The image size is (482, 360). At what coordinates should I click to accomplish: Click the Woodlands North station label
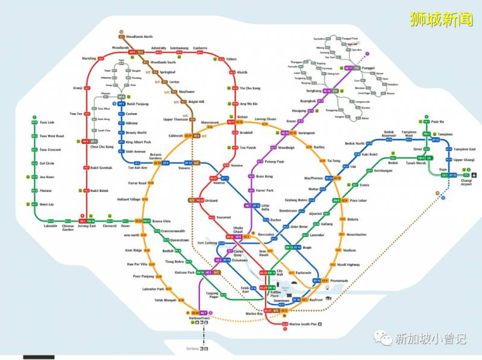(x=140, y=37)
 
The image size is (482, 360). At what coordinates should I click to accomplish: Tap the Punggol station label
(x=368, y=68)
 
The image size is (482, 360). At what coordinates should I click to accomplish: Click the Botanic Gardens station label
(x=160, y=155)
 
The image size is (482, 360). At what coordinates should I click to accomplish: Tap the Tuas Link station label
(x=47, y=123)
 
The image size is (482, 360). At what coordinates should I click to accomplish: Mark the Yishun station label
(x=231, y=60)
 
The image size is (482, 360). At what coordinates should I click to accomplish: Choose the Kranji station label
(x=77, y=88)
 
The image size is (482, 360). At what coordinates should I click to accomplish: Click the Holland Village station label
(x=128, y=199)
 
